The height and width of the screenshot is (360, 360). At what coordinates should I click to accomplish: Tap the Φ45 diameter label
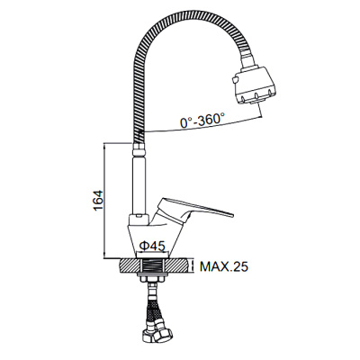pos(152,246)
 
